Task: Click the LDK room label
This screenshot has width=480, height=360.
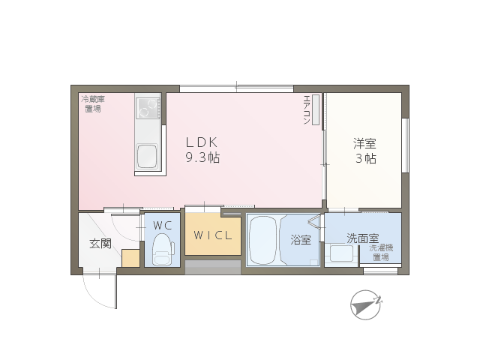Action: [x=202, y=142]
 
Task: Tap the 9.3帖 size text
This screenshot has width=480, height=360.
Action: [x=202, y=157]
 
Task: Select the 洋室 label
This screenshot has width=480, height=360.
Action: [x=364, y=143]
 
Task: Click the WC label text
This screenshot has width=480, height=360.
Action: [x=162, y=226]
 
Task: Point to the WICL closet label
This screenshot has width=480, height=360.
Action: [x=213, y=235]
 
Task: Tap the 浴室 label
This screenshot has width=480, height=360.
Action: [x=301, y=240]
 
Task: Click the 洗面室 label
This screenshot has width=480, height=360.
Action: [x=363, y=238]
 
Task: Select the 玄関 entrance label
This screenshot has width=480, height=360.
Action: [x=100, y=244]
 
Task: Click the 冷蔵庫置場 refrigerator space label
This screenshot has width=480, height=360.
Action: [x=93, y=103]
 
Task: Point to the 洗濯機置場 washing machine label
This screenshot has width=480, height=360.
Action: [x=381, y=253]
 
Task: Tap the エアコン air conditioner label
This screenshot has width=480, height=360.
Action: [x=307, y=110]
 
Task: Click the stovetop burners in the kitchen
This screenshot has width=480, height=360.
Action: [x=148, y=108]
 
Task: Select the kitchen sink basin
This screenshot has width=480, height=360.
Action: [x=147, y=156]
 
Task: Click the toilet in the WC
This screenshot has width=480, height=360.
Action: [x=162, y=250]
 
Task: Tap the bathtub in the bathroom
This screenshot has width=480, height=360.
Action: [x=263, y=240]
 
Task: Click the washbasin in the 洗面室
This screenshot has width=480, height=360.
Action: [x=341, y=253]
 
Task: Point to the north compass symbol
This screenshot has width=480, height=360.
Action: [x=367, y=304]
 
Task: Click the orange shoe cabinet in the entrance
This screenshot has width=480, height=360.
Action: [x=130, y=258]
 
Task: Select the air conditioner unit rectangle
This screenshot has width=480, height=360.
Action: [x=316, y=109]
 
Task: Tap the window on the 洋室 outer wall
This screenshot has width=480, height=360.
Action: [x=405, y=145]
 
